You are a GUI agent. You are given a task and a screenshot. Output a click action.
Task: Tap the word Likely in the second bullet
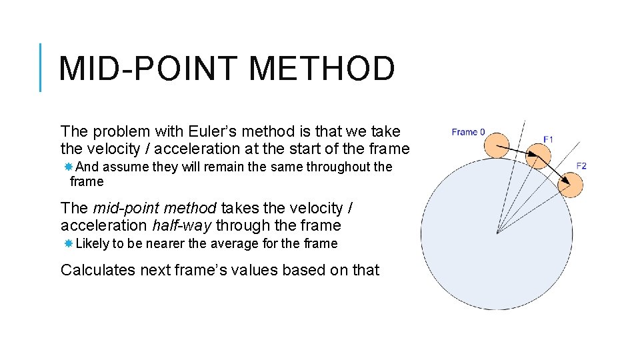[92, 243]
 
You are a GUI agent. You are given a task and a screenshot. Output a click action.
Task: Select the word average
[235, 243]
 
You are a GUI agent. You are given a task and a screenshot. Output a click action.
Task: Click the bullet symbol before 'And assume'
[69, 167]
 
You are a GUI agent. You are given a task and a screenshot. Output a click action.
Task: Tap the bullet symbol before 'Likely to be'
[69, 243]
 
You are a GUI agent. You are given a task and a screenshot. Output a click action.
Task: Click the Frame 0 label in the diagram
[468, 132]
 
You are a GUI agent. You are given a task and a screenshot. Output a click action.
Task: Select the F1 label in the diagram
[548, 139]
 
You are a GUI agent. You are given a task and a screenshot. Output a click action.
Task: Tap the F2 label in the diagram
[581, 165]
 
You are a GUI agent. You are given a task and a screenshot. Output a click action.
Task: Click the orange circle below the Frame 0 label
[496, 145]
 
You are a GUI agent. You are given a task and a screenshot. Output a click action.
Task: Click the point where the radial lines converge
[497, 232]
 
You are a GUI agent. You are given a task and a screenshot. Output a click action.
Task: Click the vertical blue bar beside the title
[41, 67]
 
